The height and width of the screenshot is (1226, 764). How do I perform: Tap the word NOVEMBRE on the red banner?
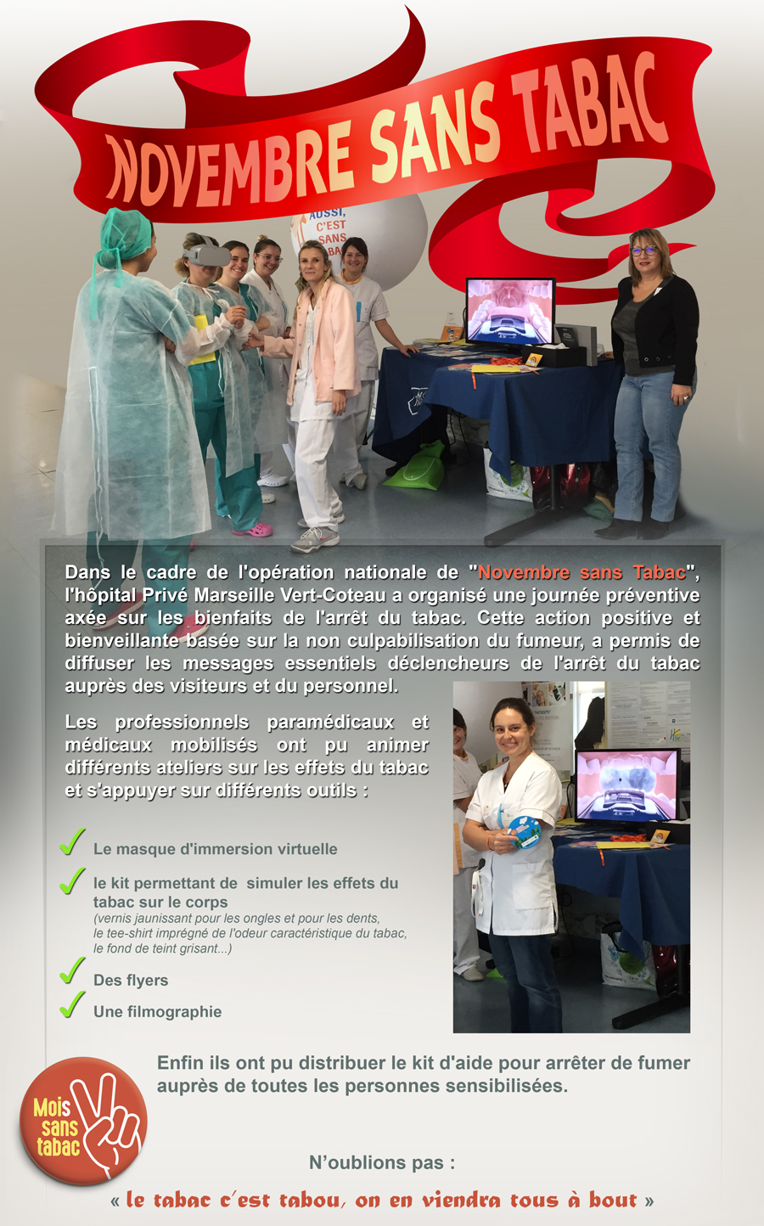click(x=229, y=166)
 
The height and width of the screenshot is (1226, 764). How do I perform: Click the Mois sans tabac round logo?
click(x=83, y=1120)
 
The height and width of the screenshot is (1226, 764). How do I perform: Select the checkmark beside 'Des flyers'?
click(x=72, y=970)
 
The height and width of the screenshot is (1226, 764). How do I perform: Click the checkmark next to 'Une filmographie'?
click(x=72, y=1004)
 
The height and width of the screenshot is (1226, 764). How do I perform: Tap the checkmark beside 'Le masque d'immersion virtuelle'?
click(x=72, y=841)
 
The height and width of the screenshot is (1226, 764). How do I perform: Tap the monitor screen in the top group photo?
click(x=509, y=312)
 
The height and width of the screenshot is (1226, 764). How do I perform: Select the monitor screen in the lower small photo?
click(x=626, y=783)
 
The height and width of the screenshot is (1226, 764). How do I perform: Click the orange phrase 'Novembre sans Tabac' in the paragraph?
click(x=581, y=572)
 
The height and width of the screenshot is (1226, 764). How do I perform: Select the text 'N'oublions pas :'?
click(x=382, y=1162)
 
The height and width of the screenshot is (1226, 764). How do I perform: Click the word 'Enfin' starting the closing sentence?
click(x=179, y=1063)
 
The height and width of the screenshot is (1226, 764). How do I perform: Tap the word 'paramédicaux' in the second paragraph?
click(x=330, y=723)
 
